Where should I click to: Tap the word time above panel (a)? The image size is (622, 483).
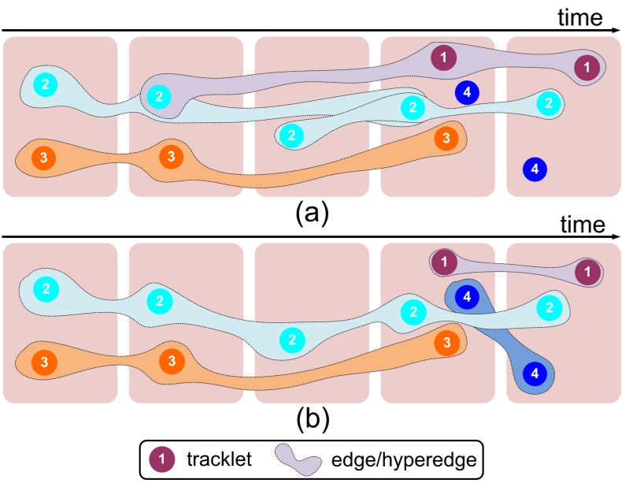pyautogui.click(x=581, y=17)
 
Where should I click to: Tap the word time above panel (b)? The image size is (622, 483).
pyautogui.click(x=583, y=225)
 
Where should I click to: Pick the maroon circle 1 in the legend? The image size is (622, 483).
pyautogui.click(x=162, y=458)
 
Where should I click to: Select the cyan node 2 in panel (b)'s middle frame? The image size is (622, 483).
pyautogui.click(x=292, y=340)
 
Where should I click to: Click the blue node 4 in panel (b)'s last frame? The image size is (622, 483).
pyautogui.click(x=535, y=373)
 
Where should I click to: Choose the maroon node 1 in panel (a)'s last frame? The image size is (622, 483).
pyautogui.click(x=585, y=68)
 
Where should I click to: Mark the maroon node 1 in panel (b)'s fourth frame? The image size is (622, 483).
pyautogui.click(x=446, y=262)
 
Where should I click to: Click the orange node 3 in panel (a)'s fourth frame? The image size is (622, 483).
pyautogui.click(x=446, y=138)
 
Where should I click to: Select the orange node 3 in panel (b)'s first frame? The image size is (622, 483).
pyautogui.click(x=43, y=362)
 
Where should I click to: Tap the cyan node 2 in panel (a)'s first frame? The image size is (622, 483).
pyautogui.click(x=46, y=84)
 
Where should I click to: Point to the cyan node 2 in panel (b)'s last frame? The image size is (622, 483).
pyautogui.click(x=549, y=307)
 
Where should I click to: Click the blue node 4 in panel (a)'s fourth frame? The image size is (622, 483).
pyautogui.click(x=468, y=92)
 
